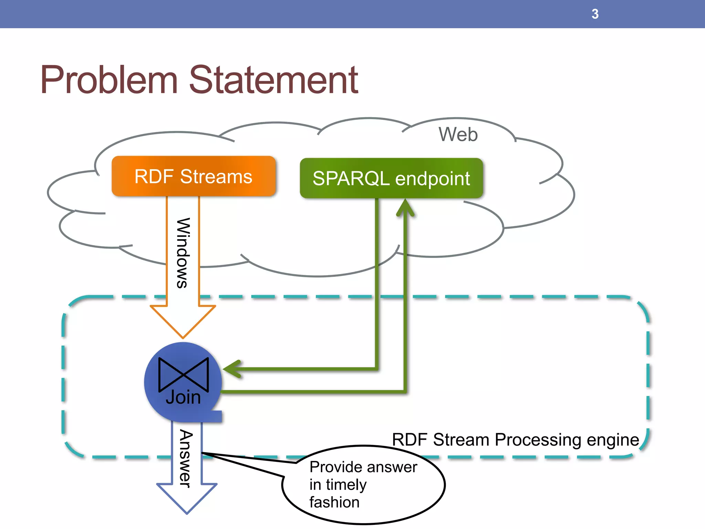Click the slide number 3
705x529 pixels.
(x=595, y=14)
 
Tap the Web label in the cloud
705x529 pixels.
(x=458, y=134)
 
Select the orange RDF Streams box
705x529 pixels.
(x=193, y=176)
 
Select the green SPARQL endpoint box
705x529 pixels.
(x=391, y=178)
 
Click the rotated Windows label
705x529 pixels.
(x=183, y=253)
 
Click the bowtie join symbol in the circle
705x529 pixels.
(x=183, y=374)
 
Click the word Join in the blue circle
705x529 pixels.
(x=183, y=397)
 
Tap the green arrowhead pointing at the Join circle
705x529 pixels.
(x=232, y=369)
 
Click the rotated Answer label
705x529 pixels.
(x=186, y=458)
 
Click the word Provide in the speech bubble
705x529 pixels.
(x=334, y=467)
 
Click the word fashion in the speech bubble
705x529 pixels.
(x=334, y=502)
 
